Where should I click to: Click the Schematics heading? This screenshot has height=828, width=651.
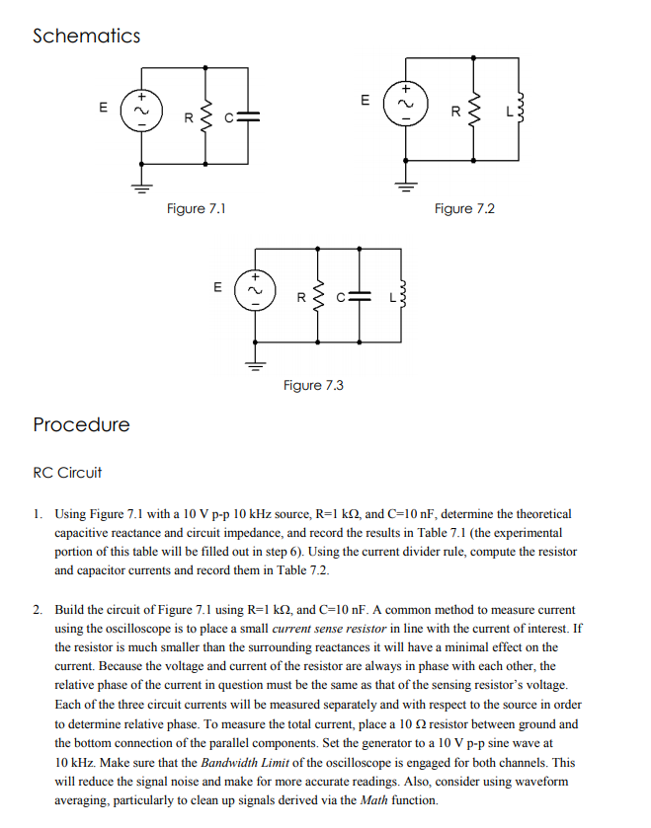(x=86, y=37)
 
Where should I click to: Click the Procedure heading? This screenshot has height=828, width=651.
(x=81, y=425)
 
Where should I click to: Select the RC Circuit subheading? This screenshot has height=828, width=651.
(x=67, y=473)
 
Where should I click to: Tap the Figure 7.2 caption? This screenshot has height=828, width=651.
(x=464, y=208)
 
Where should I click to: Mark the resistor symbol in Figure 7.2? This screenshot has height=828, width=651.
(x=476, y=107)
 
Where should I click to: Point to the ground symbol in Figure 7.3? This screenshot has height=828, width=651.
(x=256, y=364)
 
